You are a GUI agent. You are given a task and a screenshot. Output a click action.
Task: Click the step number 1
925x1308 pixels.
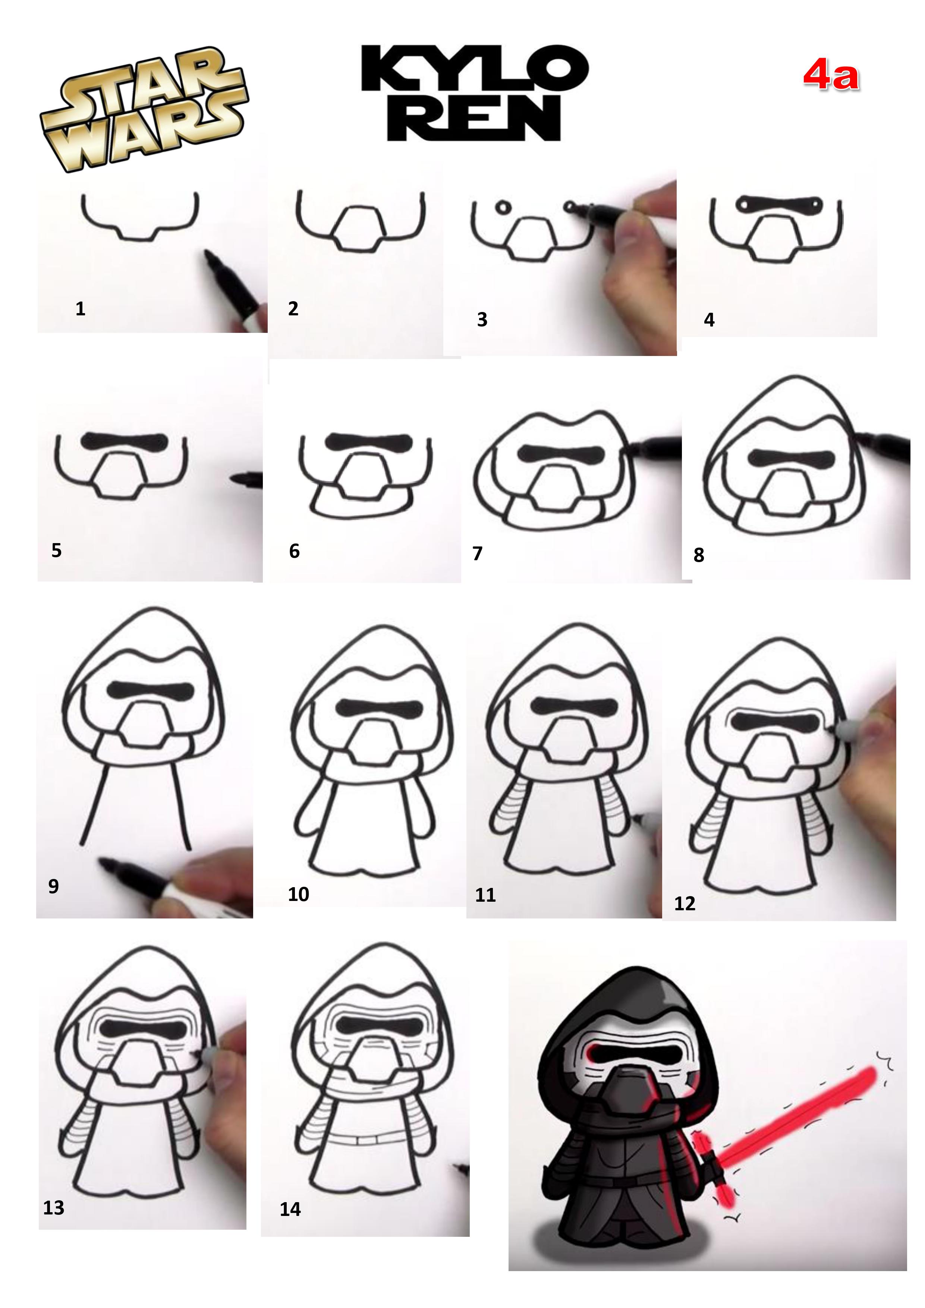81,309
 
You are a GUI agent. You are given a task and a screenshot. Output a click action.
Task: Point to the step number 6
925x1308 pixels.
294,551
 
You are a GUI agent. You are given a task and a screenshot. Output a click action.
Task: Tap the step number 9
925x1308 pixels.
54,886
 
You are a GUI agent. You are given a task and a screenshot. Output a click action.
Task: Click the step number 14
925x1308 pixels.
290,1209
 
